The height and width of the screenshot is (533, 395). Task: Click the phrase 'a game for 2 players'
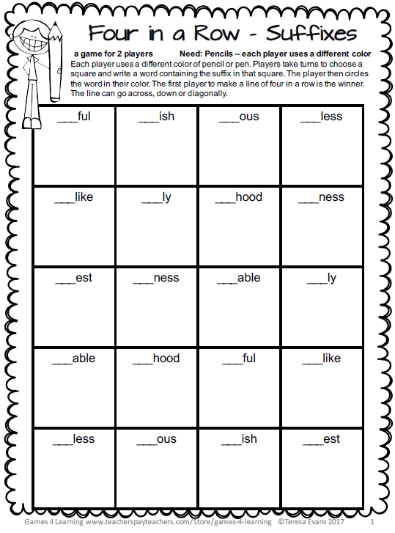pos(114,54)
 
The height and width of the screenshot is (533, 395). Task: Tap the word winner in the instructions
pos(350,84)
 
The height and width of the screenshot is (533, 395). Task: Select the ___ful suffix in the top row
pos(73,117)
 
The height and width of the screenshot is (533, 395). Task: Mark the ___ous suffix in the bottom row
pos(156,439)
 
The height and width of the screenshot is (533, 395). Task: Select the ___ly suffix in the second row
pos(156,197)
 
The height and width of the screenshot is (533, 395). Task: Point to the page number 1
pos(372,523)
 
